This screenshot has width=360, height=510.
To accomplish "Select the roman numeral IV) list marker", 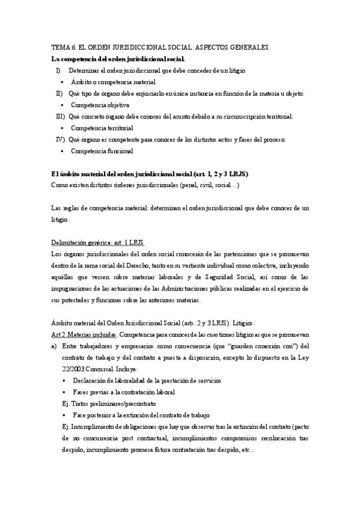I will tap(60, 140).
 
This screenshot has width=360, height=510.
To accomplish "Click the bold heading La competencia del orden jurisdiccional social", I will tap(118, 59).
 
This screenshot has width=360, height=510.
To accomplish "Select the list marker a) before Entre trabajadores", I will tap(55, 346).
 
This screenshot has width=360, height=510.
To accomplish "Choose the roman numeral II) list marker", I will tap(59, 93).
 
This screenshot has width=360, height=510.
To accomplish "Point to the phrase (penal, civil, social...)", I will tap(206, 185).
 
